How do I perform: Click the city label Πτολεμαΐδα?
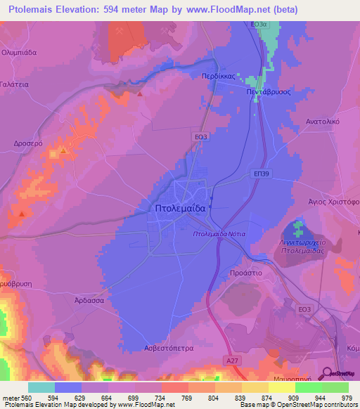click(x=179, y=209)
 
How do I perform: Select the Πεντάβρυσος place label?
click(x=268, y=91)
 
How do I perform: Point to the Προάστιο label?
click(x=246, y=272)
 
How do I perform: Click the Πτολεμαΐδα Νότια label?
click(x=217, y=233)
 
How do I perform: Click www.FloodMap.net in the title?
click(x=229, y=10)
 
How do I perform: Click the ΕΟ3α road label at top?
click(x=260, y=24)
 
